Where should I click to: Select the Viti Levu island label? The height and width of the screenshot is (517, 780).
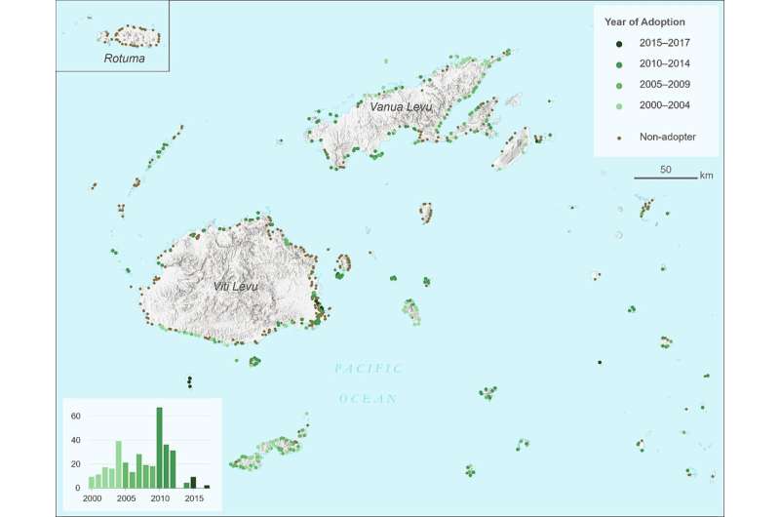[234, 287]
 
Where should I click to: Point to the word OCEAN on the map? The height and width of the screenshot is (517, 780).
[369, 398]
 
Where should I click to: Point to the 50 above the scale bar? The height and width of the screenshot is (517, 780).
[665, 170]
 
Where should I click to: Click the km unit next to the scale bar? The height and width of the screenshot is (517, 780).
[707, 176]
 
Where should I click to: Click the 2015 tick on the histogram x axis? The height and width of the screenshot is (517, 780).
[193, 499]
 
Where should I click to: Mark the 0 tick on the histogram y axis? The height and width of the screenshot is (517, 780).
[77, 488]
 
